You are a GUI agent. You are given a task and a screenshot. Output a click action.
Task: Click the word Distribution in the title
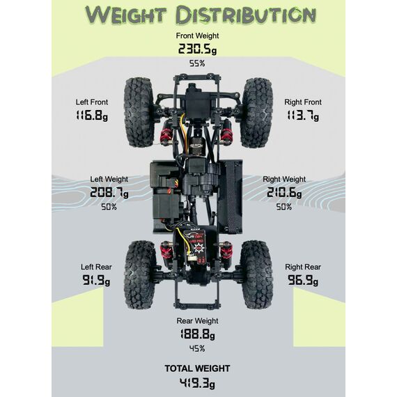pos(246,15)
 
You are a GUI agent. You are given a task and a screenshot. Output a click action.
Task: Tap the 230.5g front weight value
pos(198,49)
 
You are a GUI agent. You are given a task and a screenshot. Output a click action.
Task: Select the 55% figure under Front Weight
pos(197,63)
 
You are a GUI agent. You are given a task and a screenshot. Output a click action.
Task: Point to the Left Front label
pos(92,102)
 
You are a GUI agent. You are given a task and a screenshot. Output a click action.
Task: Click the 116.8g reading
pos(92,116)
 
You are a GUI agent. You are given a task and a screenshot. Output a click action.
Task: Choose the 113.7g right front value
pos(303,116)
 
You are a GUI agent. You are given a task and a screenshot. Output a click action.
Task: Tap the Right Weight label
pos(284,179)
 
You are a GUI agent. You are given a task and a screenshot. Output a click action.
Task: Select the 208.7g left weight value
pos(109,193)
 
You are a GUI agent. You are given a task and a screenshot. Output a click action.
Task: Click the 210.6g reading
pos(284,193)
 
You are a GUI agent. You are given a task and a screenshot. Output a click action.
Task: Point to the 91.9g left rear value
pos(96,280)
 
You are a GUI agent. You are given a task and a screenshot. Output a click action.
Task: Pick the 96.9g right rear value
pos(303,280)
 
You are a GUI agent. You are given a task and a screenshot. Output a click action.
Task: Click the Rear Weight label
pos(197,321)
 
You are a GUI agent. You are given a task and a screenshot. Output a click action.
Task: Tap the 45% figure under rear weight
pos(197,349)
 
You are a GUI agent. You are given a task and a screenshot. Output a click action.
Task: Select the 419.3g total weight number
pos(197,383)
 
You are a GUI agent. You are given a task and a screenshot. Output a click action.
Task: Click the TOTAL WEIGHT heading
pos(197,368)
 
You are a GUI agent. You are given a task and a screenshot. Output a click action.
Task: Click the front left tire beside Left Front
pos(139,112)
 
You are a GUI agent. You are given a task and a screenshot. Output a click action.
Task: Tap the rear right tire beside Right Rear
pos(256,274)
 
